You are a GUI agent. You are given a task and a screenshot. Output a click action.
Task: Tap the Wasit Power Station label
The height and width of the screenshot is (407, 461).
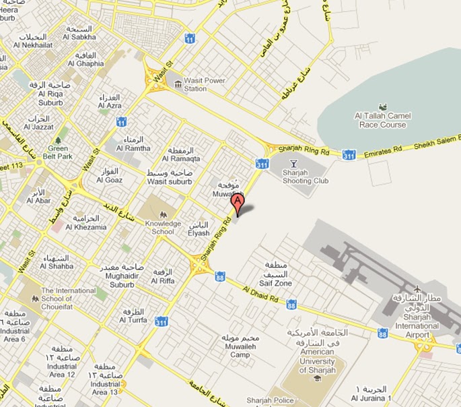point(205,85)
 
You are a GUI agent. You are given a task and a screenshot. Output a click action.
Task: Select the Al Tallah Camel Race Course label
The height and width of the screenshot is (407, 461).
point(381,121)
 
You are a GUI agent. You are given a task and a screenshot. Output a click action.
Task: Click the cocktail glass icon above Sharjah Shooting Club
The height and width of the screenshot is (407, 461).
point(293,162)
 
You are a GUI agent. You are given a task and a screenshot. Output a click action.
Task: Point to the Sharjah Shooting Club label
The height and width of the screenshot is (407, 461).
point(306,177)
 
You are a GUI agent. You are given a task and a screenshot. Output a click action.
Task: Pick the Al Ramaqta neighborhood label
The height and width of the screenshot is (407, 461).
point(184,158)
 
